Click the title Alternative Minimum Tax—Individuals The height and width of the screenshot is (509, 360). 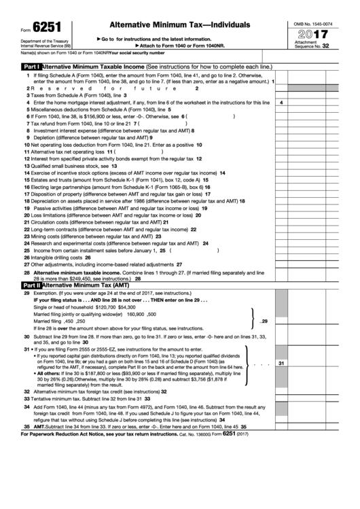pos(170,24)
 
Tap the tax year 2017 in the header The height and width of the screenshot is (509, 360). pos(310,33)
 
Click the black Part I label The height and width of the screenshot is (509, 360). pos(32,67)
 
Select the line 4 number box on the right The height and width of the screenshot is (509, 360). pos(281,102)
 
